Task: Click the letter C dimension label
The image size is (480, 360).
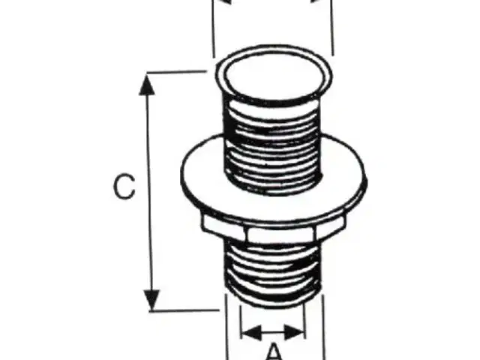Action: (x=124, y=187)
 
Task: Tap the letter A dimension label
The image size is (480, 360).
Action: (x=275, y=352)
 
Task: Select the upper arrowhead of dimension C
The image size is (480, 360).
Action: (x=147, y=85)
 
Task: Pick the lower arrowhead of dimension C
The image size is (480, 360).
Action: (x=151, y=300)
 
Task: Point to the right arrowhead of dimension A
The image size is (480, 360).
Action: (x=295, y=332)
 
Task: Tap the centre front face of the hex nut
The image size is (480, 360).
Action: (x=280, y=235)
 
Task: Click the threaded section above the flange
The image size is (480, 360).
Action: (x=272, y=147)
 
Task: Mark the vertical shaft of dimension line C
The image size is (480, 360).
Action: (x=150, y=192)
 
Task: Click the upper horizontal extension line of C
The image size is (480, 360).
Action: (x=177, y=72)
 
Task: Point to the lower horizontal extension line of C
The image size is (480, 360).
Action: (x=184, y=310)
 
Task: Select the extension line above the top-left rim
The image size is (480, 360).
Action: (x=213, y=28)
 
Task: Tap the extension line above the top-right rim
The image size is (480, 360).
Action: (x=332, y=28)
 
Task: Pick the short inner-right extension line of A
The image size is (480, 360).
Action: (x=305, y=321)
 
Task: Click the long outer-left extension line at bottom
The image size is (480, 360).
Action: (x=227, y=327)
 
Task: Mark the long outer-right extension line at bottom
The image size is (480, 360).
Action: (x=323, y=327)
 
